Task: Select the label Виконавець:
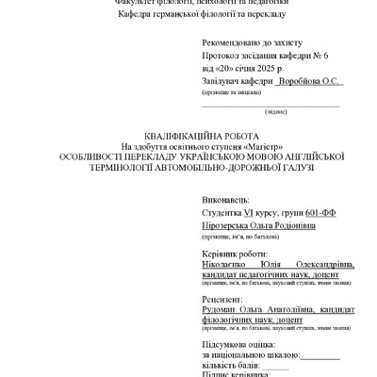point(225,201)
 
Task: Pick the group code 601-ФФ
point(317,213)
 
